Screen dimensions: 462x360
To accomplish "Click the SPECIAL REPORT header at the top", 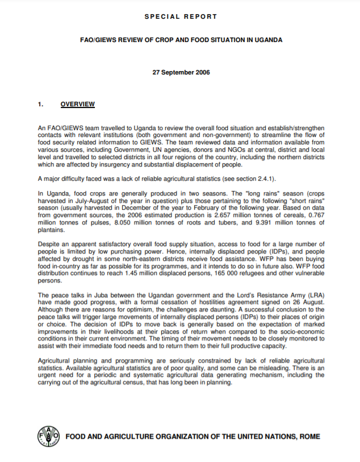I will point(181,16).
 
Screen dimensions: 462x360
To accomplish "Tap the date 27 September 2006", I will point(181,73).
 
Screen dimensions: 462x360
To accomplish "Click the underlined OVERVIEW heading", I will point(77,105).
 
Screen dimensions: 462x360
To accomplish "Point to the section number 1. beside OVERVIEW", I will point(40,105).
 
